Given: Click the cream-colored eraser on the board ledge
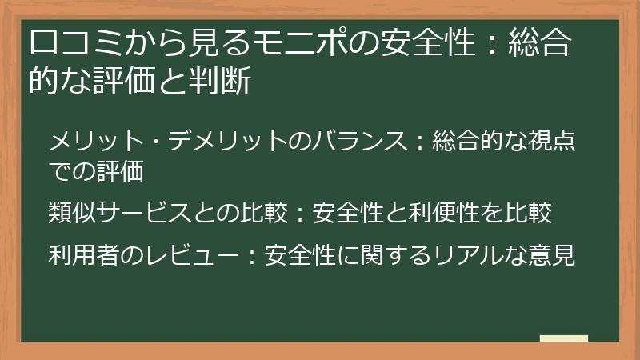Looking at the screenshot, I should (563, 338).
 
